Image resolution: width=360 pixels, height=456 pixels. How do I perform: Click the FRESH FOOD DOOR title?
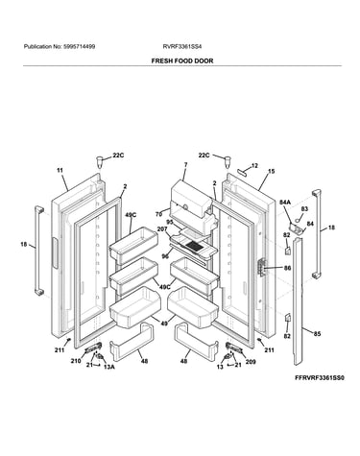tap(182, 60)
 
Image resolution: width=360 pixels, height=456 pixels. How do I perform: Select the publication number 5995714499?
tap(79, 47)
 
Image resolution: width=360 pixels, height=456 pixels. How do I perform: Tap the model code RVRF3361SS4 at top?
tap(182, 47)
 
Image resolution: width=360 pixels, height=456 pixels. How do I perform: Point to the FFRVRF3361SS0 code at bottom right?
tap(320, 377)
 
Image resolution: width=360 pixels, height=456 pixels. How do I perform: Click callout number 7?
tap(185, 165)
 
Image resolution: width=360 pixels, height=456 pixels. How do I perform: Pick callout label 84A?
tap(285, 202)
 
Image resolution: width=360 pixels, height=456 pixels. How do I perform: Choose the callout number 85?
tap(317, 334)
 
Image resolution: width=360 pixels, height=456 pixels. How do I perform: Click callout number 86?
tap(287, 268)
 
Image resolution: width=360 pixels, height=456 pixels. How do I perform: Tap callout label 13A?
tap(108, 367)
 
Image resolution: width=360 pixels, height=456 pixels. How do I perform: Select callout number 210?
tap(76, 361)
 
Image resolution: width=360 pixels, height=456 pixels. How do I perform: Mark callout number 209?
tap(251, 362)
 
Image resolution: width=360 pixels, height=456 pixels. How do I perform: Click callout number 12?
tap(254, 165)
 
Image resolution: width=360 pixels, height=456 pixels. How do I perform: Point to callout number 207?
tap(162, 229)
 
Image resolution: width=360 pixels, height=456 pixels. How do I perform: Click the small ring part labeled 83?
tap(298, 219)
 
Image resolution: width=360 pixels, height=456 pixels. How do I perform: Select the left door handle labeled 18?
tap(38, 250)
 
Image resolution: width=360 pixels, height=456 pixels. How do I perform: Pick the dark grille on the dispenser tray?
tap(193, 246)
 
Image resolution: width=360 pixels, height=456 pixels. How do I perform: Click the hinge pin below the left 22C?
tap(101, 161)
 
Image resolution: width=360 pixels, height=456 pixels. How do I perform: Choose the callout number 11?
tap(60, 171)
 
